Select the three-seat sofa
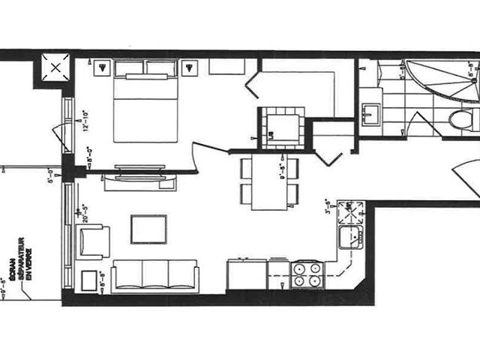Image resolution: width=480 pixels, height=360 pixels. click(x=154, y=275)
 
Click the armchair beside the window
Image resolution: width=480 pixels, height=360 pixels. click(x=94, y=241)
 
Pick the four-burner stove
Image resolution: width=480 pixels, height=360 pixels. click(x=306, y=274)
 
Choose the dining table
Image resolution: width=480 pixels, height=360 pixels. click(x=268, y=181)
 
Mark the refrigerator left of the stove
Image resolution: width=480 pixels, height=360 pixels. click(x=247, y=274)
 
